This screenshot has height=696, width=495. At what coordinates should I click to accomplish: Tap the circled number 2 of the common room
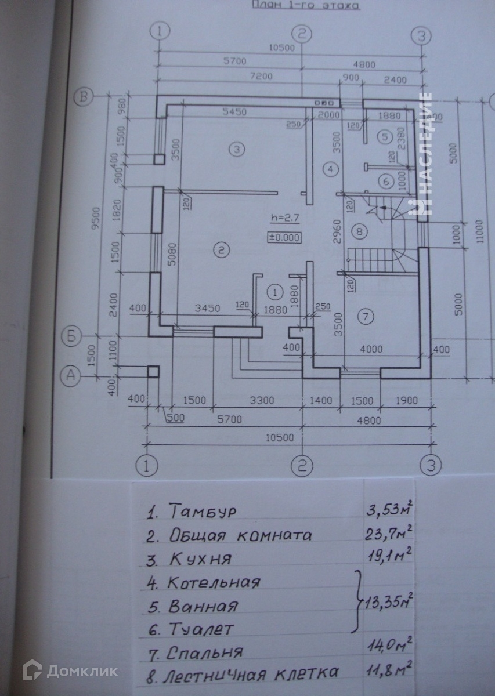[x=221, y=251]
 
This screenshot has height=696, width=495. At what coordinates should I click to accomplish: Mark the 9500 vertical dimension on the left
[x=103, y=219]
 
